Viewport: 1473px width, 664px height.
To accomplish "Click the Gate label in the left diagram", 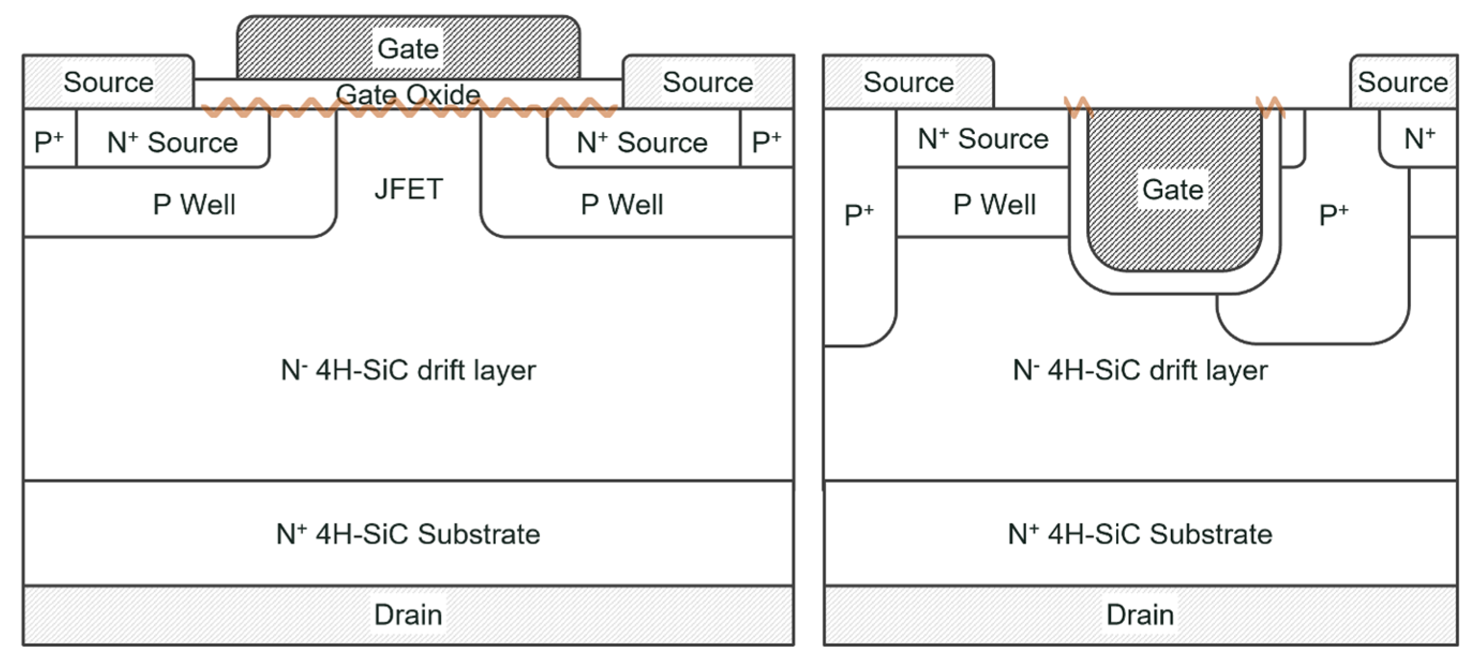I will [408, 49].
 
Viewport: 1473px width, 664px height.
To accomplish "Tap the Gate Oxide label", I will [408, 94].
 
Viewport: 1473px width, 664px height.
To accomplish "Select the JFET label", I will [408, 189].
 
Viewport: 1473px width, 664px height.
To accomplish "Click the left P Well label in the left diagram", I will [194, 204].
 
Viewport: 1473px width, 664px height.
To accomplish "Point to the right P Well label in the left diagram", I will [621, 204].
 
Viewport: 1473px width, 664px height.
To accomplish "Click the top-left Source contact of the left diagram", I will [108, 82].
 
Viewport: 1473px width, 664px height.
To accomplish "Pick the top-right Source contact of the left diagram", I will [708, 82].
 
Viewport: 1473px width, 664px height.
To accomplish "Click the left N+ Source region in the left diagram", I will [172, 142].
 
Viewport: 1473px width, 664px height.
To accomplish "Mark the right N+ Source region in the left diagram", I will [642, 142].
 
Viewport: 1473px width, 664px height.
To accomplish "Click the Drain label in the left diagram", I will [408, 615].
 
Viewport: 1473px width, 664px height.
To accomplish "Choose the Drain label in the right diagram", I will [1140, 615].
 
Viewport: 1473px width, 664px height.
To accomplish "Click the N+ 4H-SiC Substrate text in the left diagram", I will [408, 534].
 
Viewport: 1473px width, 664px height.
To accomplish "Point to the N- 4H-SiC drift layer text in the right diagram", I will [1140, 370].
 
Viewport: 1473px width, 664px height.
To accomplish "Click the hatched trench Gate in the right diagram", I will [1174, 189].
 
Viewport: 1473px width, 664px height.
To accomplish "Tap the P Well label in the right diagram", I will [994, 204].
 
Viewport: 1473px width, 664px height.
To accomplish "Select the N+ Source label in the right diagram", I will [983, 138].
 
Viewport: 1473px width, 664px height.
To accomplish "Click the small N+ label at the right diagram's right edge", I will [1420, 138].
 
